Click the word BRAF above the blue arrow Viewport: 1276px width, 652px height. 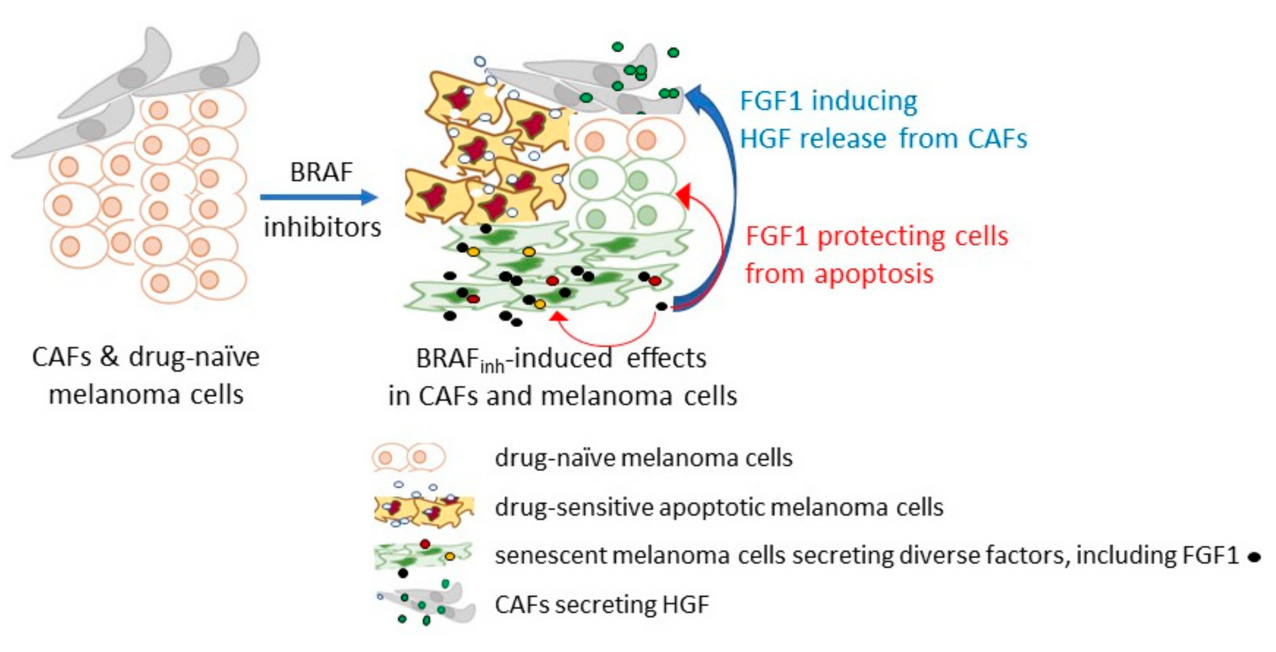click(321, 172)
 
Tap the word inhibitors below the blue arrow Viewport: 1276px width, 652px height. click(322, 227)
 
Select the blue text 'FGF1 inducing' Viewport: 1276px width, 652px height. click(828, 102)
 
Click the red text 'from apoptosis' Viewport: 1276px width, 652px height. click(839, 274)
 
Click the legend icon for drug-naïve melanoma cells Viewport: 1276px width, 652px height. click(409, 457)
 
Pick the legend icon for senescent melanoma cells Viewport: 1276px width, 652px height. click(424, 556)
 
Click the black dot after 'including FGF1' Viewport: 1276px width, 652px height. click(1254, 558)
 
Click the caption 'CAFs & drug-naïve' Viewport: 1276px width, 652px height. click(146, 357)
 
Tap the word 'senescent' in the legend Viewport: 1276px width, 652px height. click(550, 556)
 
